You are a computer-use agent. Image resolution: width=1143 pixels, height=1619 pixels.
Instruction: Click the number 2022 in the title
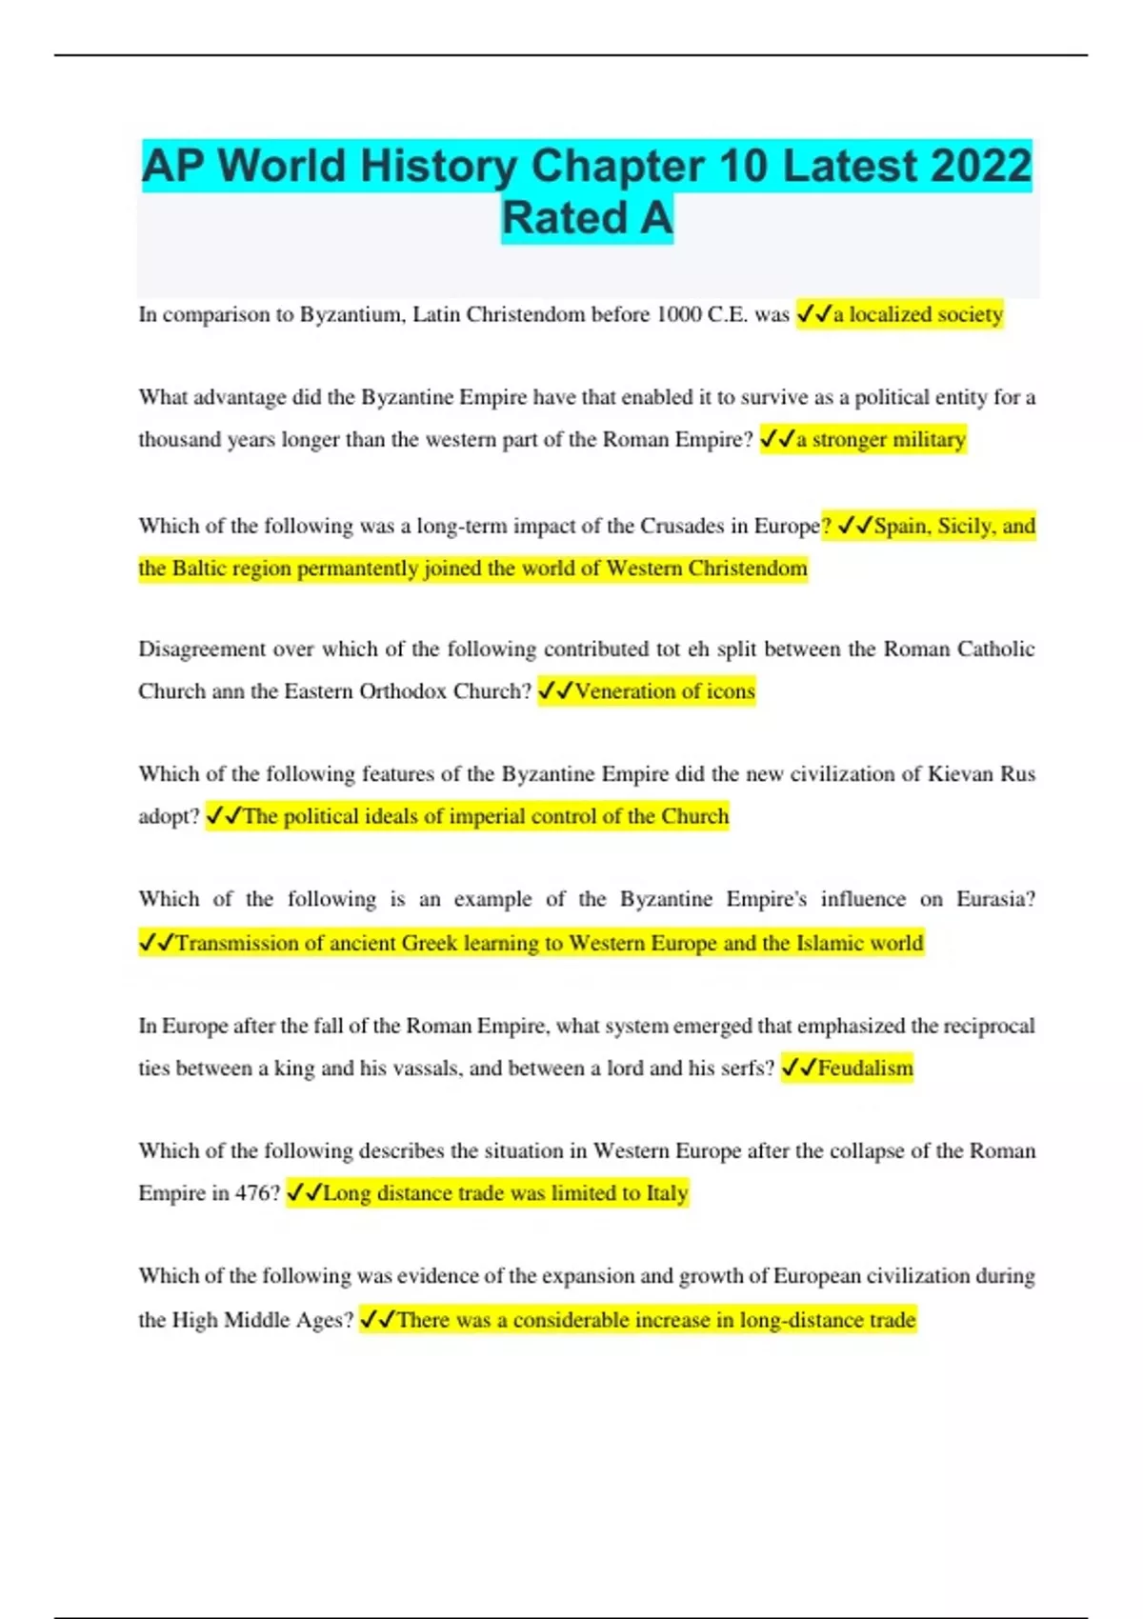coord(981,166)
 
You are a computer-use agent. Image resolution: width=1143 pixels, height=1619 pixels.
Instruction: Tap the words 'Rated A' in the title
coord(587,218)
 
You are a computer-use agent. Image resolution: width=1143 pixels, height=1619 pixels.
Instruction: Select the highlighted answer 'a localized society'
coord(917,314)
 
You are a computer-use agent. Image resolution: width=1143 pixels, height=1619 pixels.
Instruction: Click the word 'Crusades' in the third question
coord(682,526)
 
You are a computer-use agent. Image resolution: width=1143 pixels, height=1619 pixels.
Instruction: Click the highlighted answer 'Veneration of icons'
coord(664,691)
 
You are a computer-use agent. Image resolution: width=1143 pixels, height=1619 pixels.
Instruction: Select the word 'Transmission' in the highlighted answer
coord(237,943)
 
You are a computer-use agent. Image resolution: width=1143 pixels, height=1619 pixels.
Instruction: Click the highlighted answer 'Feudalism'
coord(865,1069)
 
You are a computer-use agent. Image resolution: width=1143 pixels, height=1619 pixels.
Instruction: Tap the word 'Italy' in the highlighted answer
coord(666,1193)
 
